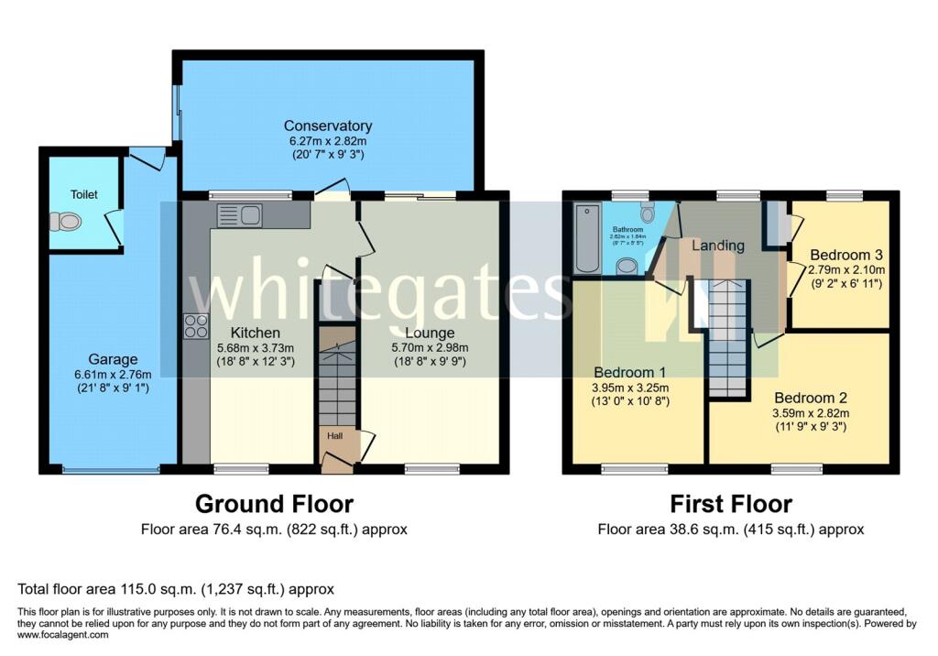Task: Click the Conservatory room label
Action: click(327, 126)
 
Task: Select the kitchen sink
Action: click(240, 215)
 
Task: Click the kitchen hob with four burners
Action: click(196, 325)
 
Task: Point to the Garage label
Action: click(113, 359)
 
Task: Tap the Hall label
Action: click(334, 437)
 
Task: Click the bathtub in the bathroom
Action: click(584, 238)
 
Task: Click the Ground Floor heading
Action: click(274, 503)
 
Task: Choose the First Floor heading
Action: click(731, 503)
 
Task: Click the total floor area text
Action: click(176, 589)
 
